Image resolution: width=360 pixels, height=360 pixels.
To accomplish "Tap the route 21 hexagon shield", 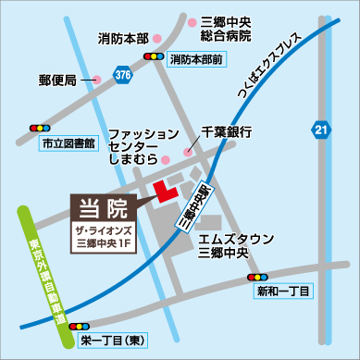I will click(x=320, y=130).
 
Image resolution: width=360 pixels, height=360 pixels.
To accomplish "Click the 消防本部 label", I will click(x=123, y=39).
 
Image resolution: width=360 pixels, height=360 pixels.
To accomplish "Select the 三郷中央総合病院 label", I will click(x=225, y=28).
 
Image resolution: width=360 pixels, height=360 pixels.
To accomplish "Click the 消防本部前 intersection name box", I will click(x=197, y=58).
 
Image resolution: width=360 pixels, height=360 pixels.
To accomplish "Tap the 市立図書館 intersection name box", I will click(x=73, y=144).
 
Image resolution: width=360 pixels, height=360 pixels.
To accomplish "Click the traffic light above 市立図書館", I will click(x=41, y=127).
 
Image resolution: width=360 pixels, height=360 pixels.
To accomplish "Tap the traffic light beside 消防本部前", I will click(x=151, y=58).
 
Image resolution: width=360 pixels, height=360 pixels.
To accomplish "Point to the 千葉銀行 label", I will click(x=226, y=131).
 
